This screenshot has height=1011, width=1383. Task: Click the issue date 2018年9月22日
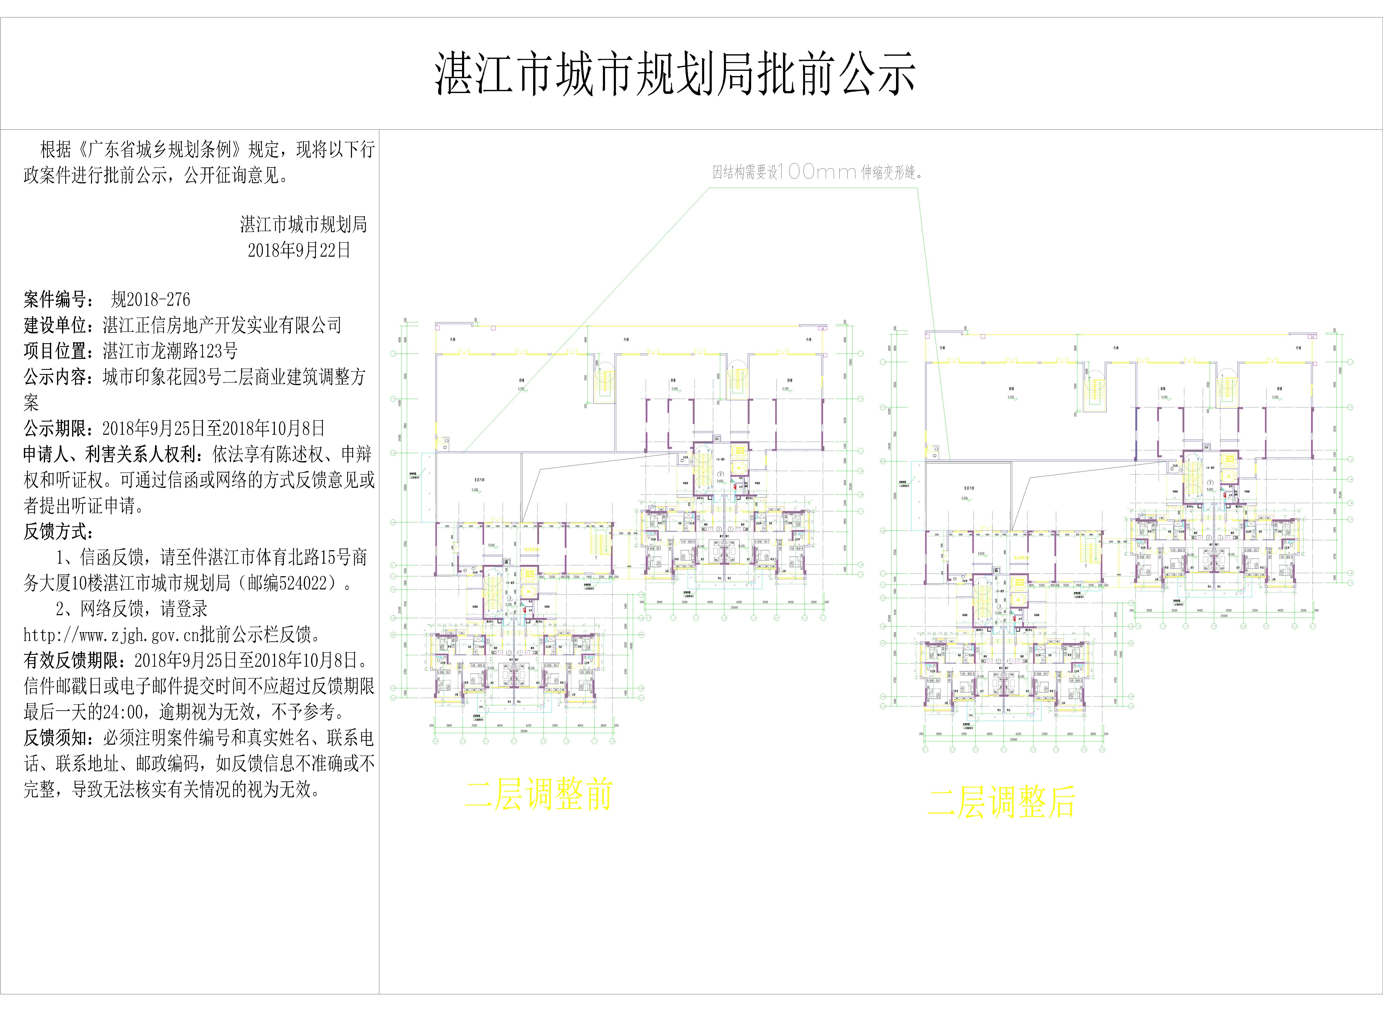[299, 250]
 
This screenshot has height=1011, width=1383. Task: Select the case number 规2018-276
[151, 300]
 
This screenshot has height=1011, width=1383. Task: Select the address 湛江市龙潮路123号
[170, 351]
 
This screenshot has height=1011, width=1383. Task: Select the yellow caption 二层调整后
[1002, 802]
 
